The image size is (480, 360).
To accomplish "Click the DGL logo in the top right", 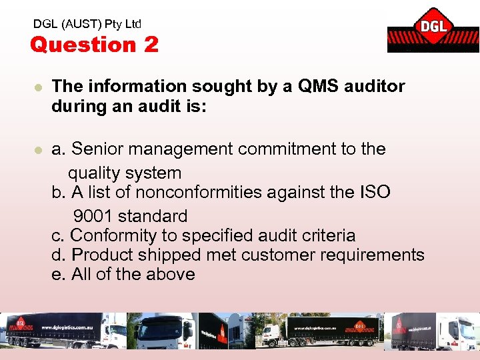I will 432,30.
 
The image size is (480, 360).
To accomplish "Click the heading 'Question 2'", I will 94,45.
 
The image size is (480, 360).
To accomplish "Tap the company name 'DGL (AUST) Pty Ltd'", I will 87,24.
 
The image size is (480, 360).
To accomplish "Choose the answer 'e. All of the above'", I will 123,274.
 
